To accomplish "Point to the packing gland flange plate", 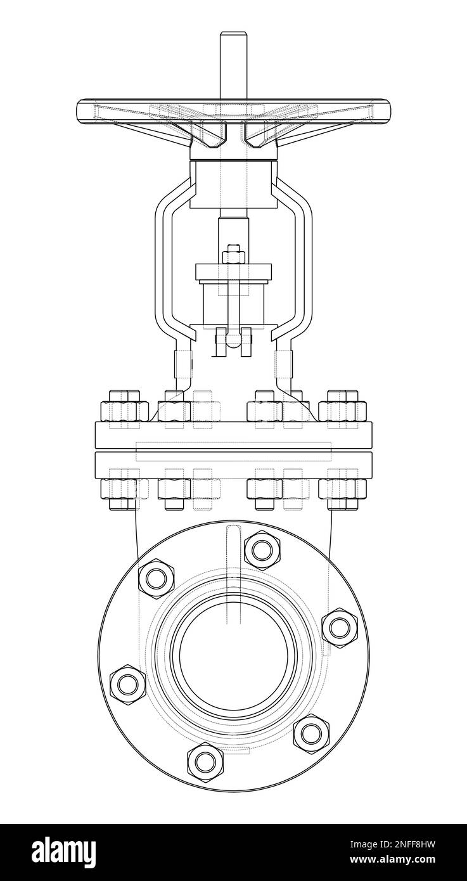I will [233, 273].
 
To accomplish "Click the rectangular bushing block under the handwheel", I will [233, 185].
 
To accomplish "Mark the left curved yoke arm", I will [166, 266].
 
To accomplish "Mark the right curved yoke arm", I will [302, 266].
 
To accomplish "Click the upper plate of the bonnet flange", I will [233, 435].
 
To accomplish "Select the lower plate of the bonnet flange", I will [233, 465].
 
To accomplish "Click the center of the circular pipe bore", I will [233, 655].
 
